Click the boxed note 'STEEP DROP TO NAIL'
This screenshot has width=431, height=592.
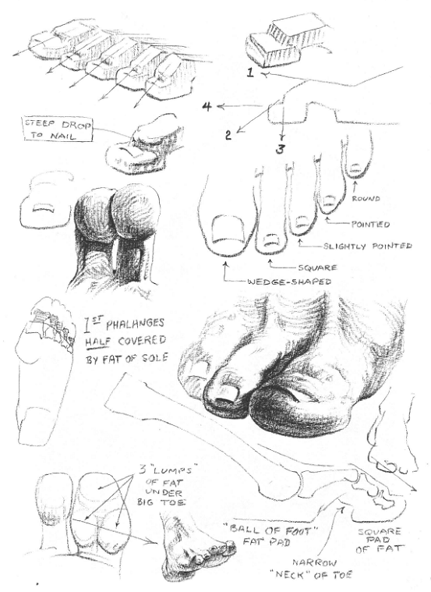click(x=58, y=130)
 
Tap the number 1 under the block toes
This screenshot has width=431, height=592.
click(x=251, y=72)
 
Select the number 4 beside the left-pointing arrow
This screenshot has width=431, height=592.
click(x=207, y=107)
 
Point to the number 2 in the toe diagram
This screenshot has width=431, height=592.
click(x=228, y=135)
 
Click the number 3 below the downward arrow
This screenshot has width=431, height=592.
click(x=279, y=150)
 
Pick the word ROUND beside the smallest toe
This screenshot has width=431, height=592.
click(x=366, y=198)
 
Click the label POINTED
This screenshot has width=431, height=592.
click(x=371, y=225)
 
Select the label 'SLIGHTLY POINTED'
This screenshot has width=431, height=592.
click(x=367, y=246)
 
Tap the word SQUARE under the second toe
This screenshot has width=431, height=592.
click(x=317, y=268)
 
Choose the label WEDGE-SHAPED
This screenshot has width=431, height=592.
click(x=289, y=282)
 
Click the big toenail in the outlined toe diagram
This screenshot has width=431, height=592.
click(x=228, y=229)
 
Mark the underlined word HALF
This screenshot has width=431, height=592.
click(x=94, y=342)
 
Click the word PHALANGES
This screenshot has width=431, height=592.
click(x=135, y=324)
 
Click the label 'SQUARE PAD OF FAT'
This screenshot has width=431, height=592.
click(x=379, y=541)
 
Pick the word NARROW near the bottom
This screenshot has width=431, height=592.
click(x=314, y=563)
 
